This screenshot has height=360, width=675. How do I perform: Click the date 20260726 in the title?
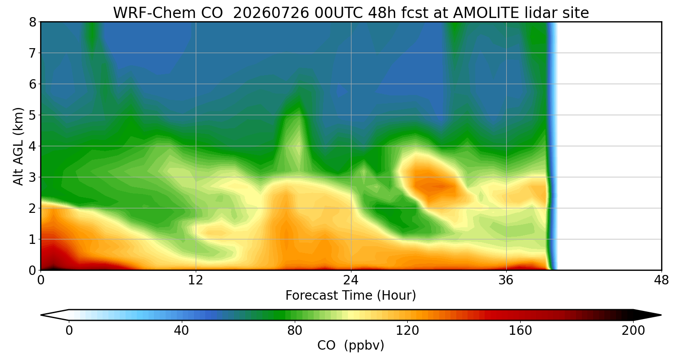[271, 13]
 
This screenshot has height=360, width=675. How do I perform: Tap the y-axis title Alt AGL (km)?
[18, 146]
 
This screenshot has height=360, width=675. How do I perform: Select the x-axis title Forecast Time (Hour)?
[351, 296]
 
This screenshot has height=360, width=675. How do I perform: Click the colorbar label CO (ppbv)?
[351, 345]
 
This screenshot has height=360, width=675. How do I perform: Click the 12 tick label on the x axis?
[196, 280]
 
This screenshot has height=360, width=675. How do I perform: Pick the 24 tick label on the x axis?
[351, 280]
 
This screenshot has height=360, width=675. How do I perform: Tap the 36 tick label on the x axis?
[506, 280]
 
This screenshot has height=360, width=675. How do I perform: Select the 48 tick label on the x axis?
[661, 280]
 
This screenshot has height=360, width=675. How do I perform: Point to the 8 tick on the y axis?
[32, 22]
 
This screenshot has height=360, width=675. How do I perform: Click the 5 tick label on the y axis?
[32, 115]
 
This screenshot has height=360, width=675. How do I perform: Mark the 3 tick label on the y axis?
[32, 177]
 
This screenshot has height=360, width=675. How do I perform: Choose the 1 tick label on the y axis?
[32, 239]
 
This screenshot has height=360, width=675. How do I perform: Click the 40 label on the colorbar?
[182, 331]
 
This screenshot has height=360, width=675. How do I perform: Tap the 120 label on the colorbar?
[407, 331]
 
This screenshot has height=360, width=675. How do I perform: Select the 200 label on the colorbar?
[633, 331]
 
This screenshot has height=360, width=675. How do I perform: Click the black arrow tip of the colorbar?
[661, 315]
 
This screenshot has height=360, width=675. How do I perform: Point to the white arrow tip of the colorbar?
[41, 315]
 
